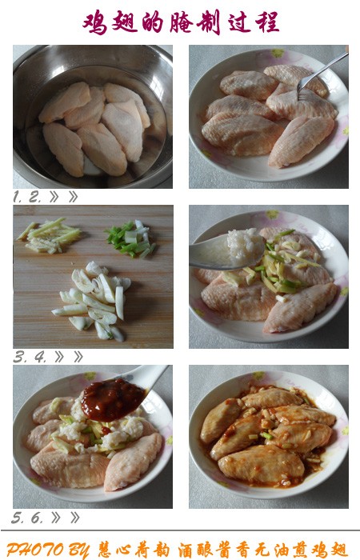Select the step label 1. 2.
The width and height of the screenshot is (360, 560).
27,196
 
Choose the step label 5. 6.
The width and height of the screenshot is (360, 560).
27,518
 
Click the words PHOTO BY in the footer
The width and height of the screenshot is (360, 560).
49,548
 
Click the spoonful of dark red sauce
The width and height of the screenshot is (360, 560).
112,398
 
